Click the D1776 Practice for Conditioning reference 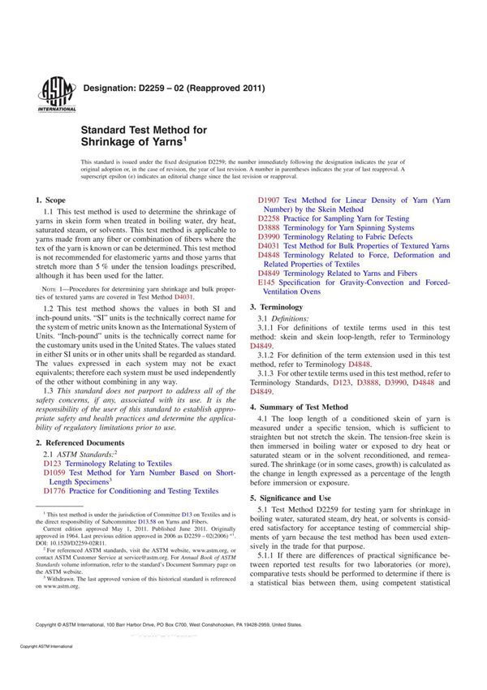[x=130, y=491]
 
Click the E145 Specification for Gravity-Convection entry [x=353, y=282]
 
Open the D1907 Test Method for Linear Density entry [x=353, y=200]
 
